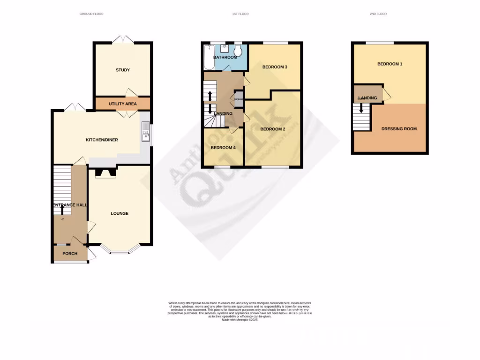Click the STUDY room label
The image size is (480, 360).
(x=123, y=70)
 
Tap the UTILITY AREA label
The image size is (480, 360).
(x=123, y=104)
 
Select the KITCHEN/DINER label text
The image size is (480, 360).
(x=102, y=140)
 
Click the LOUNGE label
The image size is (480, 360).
(x=120, y=214)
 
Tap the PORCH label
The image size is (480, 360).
(x=69, y=254)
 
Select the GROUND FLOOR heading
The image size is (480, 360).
(x=91, y=14)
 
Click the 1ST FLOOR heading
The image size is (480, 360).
(x=240, y=14)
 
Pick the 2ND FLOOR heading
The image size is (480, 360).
(x=378, y=14)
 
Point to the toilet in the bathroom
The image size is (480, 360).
(x=238, y=50)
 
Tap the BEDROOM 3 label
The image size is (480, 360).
(x=274, y=67)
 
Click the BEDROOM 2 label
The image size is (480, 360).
(x=273, y=129)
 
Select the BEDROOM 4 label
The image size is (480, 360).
(x=223, y=148)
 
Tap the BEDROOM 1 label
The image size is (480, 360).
(x=390, y=64)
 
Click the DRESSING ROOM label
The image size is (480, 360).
(x=399, y=129)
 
